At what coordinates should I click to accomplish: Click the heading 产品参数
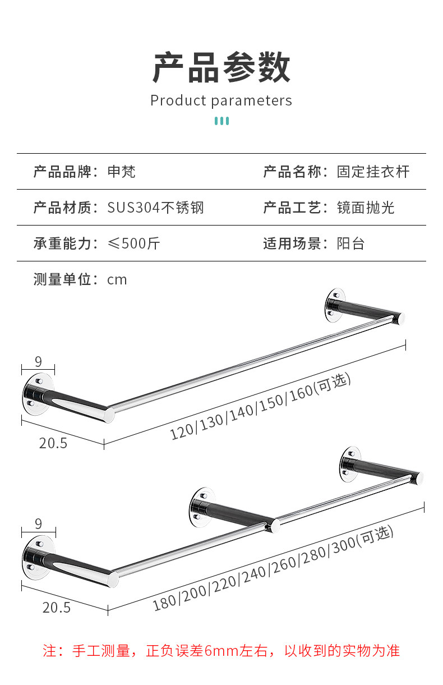pos(221,67)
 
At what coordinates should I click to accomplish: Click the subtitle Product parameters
pos(221,100)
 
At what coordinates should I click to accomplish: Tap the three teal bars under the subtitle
pos(221,121)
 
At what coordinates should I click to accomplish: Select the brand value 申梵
pos(121,172)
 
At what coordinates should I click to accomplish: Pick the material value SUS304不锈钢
pos(156,208)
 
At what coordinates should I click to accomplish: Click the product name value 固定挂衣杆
pos(373,172)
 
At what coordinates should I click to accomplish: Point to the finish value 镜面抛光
pos(366,208)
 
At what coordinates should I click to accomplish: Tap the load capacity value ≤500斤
pos(134,243)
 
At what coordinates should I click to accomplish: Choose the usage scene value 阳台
pos(351,243)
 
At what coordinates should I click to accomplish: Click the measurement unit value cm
pos(117,280)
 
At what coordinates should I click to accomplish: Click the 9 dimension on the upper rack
pos(38,362)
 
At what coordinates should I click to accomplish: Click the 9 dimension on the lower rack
pos(38,524)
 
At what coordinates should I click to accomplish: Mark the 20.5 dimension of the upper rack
pos(53,443)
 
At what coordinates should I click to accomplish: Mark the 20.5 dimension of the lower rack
pos(57,608)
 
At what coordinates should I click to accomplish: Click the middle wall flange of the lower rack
pos(201,508)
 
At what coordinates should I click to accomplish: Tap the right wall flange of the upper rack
pos(335,305)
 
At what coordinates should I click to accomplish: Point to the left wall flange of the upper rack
pos(38,394)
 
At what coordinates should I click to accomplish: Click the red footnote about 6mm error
pos(221,651)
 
